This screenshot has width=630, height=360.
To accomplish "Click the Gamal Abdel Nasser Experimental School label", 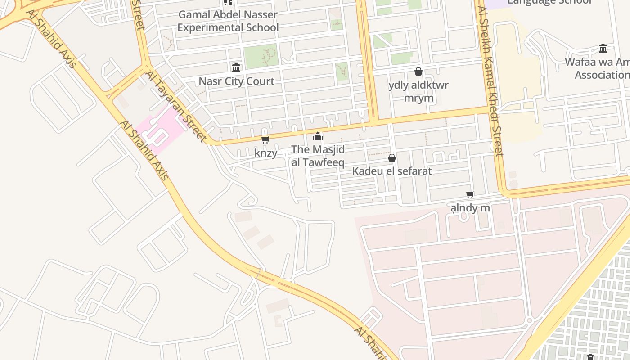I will click(228, 21).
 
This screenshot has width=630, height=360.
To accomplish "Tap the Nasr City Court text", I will click(236, 81).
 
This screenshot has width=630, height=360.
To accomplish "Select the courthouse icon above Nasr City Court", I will click(236, 67).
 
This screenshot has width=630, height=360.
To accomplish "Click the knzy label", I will click(265, 153).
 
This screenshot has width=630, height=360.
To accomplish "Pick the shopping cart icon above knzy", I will click(265, 139).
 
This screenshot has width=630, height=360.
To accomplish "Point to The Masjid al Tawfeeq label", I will click(318, 156).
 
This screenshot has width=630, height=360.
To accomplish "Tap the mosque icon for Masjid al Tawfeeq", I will click(318, 136).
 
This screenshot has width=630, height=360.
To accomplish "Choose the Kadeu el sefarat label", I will click(391, 171).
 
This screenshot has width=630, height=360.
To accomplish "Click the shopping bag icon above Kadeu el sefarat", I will click(392, 158).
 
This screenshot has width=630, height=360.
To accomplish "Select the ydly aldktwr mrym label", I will click(418, 91).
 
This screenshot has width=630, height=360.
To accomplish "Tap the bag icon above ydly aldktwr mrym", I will click(418, 72).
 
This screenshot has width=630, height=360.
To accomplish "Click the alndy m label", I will click(470, 208).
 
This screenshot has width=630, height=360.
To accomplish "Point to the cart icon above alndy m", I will click(470, 194).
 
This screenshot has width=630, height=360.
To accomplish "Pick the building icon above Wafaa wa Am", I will click(603, 48).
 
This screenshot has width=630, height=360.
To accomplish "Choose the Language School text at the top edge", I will click(549, 2).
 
